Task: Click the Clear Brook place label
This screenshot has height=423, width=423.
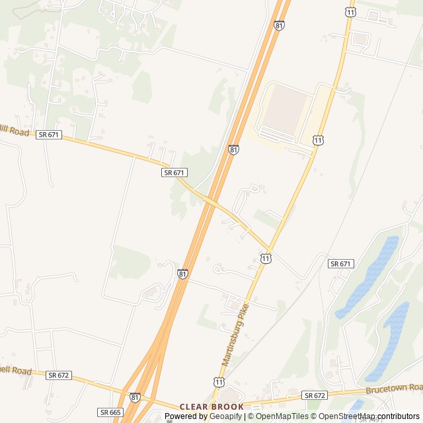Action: click(x=211, y=406)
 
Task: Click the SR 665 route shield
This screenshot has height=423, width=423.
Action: click(x=110, y=412)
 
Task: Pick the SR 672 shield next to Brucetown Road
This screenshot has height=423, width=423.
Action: click(x=316, y=395)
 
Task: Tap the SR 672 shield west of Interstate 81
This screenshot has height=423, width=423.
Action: click(x=59, y=375)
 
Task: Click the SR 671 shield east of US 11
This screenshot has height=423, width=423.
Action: click(x=340, y=264)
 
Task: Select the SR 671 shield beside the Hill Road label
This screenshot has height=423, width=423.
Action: click(x=49, y=134)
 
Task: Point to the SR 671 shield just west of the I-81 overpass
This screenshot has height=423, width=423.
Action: click(x=174, y=173)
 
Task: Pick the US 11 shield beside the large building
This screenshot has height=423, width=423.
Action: click(x=319, y=140)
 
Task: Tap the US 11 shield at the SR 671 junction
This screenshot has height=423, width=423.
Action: click(x=265, y=258)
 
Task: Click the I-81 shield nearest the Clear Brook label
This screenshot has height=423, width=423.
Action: click(x=135, y=397)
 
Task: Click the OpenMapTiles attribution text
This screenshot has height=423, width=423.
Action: click(x=281, y=416)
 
